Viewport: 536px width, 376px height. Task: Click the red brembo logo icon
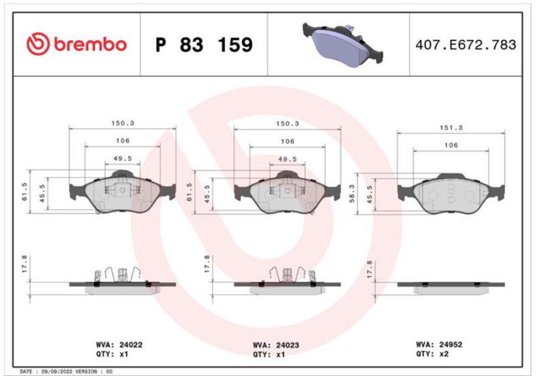(x=38, y=44)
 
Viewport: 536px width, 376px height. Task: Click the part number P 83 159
(x=204, y=45)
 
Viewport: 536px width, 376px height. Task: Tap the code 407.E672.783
(x=466, y=45)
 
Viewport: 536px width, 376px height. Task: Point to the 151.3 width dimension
(x=451, y=128)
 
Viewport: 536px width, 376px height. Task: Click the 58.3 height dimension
(x=352, y=193)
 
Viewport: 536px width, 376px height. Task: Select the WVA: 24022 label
(x=119, y=345)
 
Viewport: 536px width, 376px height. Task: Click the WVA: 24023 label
(x=276, y=345)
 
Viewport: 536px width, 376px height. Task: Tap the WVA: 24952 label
(x=439, y=345)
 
